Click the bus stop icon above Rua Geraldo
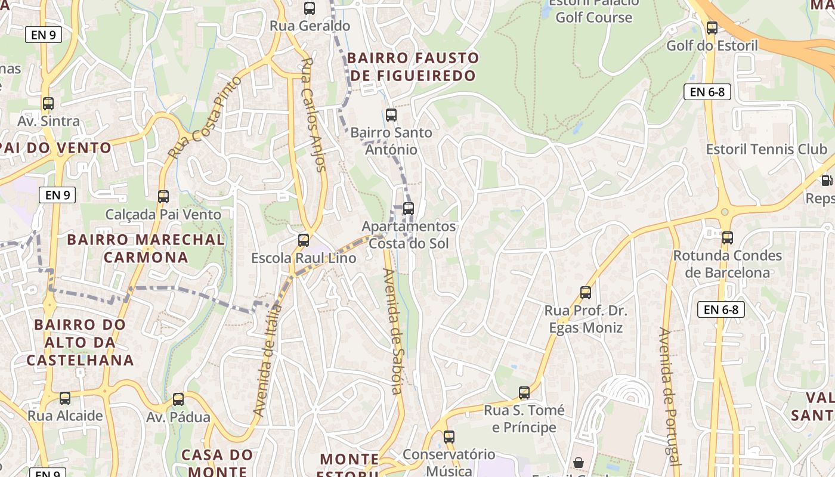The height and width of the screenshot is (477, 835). [x=309, y=8]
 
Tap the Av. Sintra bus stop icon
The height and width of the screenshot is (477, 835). [x=48, y=104]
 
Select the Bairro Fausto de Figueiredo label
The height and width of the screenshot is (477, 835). [x=413, y=67]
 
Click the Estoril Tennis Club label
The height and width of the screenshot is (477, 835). [x=766, y=149]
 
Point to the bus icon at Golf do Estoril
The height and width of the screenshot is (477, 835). [x=712, y=27]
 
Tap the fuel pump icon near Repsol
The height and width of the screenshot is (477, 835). [x=826, y=180]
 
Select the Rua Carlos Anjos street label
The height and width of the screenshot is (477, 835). [x=314, y=114]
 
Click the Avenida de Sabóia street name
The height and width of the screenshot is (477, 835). [x=392, y=332]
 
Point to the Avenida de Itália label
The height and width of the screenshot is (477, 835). [x=267, y=360]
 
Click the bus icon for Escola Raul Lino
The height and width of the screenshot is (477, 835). [x=304, y=240]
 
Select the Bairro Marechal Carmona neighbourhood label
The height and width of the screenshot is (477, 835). [x=146, y=249]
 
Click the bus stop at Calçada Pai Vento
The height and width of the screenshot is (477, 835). [x=163, y=196]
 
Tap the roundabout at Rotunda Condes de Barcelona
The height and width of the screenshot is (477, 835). [x=724, y=212]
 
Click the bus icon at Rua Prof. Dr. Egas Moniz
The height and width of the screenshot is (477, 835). [x=586, y=293]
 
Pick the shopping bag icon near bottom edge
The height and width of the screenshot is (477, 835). [x=578, y=463]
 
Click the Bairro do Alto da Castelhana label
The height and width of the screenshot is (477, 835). [x=80, y=342]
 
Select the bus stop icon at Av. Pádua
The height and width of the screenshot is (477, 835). [x=178, y=399]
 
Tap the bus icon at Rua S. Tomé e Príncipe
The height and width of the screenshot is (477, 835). [x=524, y=393]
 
